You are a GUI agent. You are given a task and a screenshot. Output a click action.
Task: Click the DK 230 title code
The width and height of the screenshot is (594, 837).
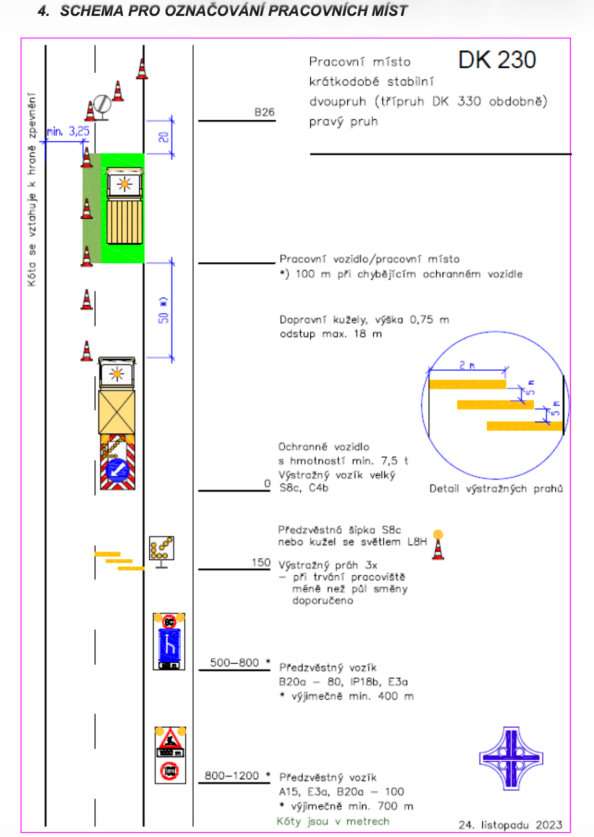point(497,60)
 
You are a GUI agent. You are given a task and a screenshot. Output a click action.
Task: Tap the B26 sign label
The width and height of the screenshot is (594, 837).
point(264,112)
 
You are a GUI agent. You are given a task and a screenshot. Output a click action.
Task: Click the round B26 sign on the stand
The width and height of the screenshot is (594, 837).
point(102,103)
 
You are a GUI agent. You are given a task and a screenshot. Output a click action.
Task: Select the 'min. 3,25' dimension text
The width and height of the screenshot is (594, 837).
point(68,131)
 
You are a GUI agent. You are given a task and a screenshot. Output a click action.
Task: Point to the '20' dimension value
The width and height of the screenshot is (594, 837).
point(164,137)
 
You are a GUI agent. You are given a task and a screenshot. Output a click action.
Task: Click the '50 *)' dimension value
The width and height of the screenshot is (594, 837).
point(164,310)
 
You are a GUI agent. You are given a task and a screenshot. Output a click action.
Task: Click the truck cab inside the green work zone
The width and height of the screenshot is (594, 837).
point(124,184)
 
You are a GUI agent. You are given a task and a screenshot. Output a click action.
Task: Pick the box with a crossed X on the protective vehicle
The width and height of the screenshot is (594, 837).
point(116,412)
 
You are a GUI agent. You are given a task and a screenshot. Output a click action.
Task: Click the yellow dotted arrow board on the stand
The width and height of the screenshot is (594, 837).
point(161,548)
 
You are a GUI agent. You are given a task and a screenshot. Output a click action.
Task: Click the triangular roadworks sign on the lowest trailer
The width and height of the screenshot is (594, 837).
point(170,738)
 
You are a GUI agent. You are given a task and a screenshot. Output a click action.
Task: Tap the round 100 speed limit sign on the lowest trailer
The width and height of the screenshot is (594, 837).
point(169,771)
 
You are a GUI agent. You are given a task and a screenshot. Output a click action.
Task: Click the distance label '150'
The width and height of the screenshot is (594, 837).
point(260,563)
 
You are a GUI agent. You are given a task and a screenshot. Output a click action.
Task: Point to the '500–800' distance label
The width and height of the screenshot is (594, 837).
point(235,663)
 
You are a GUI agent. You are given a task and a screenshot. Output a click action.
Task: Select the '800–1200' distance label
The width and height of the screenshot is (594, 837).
point(232,776)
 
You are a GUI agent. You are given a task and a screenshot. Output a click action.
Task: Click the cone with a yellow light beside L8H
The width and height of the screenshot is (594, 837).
point(438,545)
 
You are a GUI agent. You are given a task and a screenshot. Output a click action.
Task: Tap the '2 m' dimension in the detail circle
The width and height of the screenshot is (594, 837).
point(467,365)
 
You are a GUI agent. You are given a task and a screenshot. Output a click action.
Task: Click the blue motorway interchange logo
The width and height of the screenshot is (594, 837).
point(511,758)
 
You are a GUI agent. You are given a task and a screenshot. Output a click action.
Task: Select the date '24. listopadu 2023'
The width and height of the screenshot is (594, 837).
point(510,825)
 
